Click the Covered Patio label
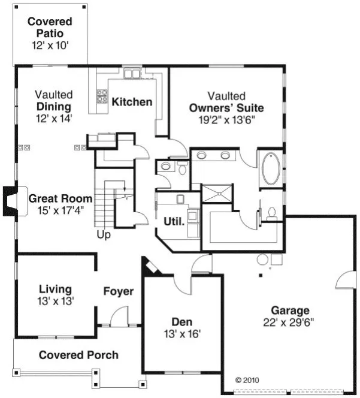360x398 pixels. [50, 28]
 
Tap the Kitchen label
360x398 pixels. [132, 101]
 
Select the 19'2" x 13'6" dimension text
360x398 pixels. [226, 119]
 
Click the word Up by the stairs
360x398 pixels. [104, 235]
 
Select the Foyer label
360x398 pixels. [119, 291]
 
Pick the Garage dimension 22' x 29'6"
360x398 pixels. [290, 322]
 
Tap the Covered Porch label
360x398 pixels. [78, 355]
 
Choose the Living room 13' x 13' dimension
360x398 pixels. [56, 301]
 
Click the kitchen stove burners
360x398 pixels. [102, 97]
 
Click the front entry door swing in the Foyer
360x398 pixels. [119, 316]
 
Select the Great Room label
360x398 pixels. [60, 198]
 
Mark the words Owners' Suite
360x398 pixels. [226, 108]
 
